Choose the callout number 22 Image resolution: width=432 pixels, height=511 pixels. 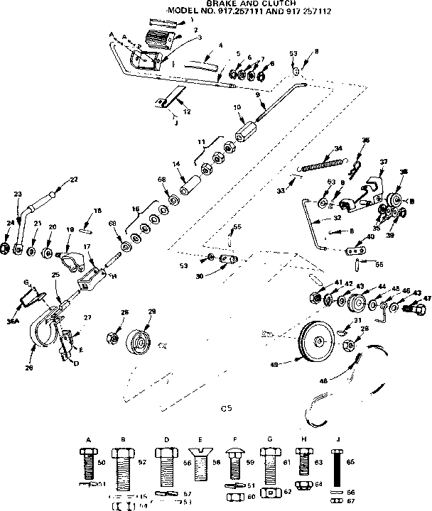tap(73, 178)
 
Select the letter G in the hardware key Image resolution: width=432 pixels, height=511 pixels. tap(269, 440)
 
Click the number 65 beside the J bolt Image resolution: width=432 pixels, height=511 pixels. tap(350, 461)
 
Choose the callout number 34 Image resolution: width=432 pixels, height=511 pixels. tap(337, 148)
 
